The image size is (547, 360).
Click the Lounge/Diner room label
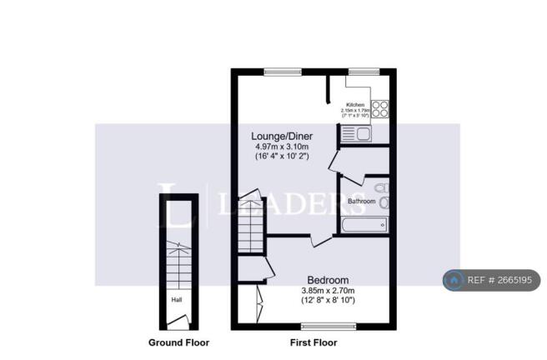(282, 135)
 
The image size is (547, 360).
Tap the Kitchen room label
(356, 104)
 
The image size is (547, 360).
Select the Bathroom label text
(361, 201)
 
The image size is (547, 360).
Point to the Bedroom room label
(328, 279)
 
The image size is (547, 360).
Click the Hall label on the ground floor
(177, 300)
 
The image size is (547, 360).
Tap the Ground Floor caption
(178, 342)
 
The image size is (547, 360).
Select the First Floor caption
(313, 342)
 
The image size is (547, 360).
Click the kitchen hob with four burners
(379, 108)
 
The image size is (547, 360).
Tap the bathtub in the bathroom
(364, 223)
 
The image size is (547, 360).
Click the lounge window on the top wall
(283, 72)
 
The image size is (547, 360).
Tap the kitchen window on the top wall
(359, 72)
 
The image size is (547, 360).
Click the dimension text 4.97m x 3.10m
(282, 146)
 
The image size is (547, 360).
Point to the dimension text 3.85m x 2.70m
(328, 291)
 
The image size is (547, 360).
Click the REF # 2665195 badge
(491, 281)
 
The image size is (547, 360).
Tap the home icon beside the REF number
(454, 281)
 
